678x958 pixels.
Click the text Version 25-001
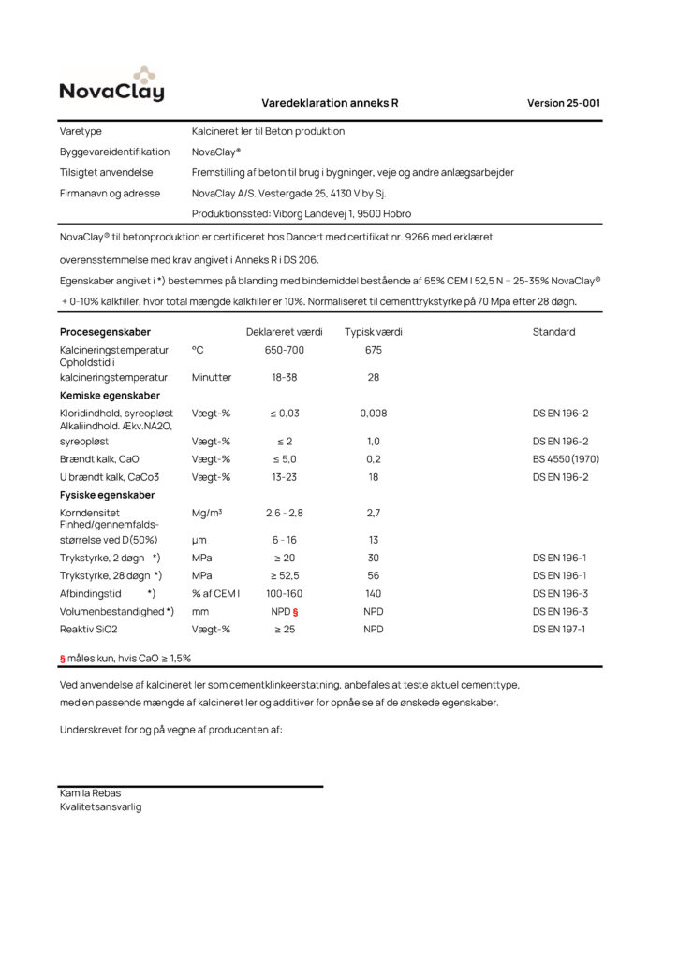tap(564, 103)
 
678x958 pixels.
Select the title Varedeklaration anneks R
tap(330, 103)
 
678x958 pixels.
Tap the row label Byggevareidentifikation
tap(114, 152)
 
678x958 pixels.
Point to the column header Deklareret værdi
tap(284, 332)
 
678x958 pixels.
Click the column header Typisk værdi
tap(373, 332)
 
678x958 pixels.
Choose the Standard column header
tap(553, 332)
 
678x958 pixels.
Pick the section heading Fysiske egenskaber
tap(107, 495)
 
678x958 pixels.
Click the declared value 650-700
tap(284, 350)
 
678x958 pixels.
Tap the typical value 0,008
tap(373, 413)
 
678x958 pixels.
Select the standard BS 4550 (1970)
tap(566, 458)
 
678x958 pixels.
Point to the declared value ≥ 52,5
tap(284, 575)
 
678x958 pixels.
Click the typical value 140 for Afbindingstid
tap(373, 593)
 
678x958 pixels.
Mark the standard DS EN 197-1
tap(560, 629)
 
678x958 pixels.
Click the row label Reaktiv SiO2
tap(91, 629)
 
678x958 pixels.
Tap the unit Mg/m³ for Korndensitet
tap(206, 513)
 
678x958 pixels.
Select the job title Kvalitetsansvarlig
tap(100, 806)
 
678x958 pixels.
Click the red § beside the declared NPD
tap(295, 611)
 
